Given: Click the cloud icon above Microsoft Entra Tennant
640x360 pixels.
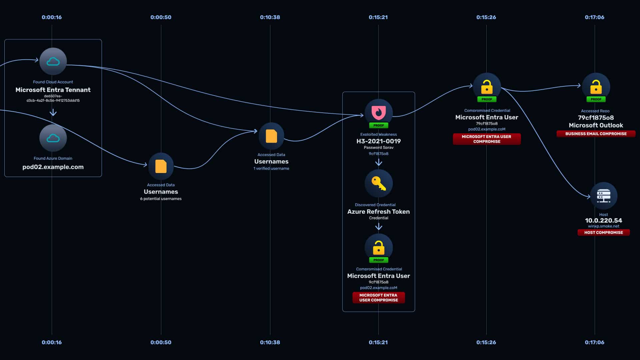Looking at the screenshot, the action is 53,61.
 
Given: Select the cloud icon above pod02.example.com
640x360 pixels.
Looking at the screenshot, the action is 53,138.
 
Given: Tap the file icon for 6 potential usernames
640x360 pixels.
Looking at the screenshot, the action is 161,166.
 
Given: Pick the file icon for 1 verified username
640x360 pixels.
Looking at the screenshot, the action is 271,136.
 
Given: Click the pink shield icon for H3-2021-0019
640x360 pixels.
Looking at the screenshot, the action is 379,113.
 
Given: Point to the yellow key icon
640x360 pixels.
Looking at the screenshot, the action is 379,183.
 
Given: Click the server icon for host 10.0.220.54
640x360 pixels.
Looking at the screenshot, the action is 604,196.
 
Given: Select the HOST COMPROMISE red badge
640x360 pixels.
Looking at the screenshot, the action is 604,232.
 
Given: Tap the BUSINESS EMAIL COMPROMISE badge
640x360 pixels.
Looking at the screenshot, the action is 596,134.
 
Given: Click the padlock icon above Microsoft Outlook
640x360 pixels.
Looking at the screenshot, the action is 596,87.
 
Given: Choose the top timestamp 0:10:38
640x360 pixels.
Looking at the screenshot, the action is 270,17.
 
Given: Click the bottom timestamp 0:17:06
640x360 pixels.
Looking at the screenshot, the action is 595,342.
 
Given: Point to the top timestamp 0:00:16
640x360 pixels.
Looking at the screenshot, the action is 52,17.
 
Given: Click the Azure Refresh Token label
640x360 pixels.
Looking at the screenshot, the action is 379,212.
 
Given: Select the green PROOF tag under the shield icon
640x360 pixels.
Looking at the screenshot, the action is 379,125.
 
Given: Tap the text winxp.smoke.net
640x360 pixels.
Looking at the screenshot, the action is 604,226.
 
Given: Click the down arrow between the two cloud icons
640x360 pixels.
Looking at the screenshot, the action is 53,112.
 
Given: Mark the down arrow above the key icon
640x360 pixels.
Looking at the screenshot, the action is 379,162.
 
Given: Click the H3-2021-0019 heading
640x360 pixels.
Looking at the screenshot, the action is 379,141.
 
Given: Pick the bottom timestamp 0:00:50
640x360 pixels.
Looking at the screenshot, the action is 161,342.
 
